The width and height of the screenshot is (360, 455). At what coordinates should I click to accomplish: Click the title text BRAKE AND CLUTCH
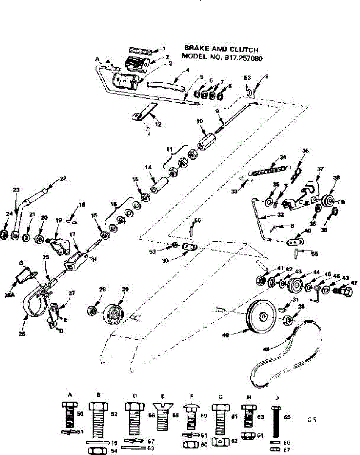221,49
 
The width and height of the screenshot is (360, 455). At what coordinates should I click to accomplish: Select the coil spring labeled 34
269,169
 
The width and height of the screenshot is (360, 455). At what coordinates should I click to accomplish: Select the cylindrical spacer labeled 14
159,186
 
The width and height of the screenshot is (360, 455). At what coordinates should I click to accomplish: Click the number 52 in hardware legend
113,414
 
